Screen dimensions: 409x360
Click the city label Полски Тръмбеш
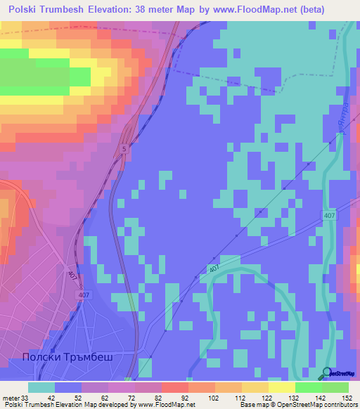pyautogui.click(x=67, y=357)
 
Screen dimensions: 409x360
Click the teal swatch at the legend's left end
pyautogui.click(x=41, y=387)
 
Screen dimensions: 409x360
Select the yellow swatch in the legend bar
pyautogui.click(x=282, y=387)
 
